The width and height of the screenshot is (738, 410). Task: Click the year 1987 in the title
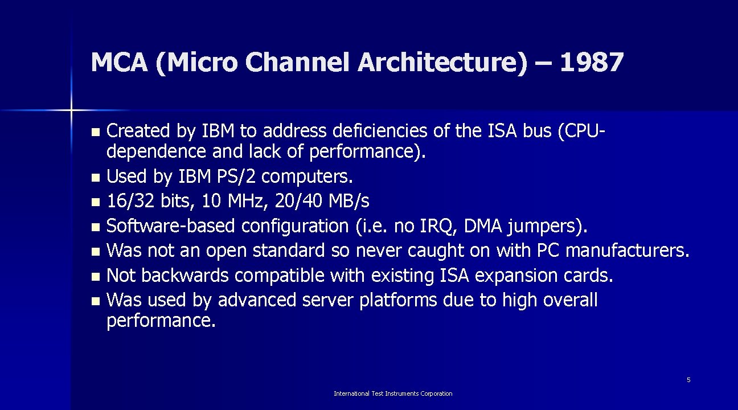coord(592,63)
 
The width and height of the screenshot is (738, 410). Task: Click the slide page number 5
coord(688,380)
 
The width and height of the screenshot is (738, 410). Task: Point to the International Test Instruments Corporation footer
coord(393,393)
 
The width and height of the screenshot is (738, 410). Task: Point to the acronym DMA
coord(483,226)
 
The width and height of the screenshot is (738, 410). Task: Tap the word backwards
coord(184,276)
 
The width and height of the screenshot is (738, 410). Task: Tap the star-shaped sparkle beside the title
coord(72,109)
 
